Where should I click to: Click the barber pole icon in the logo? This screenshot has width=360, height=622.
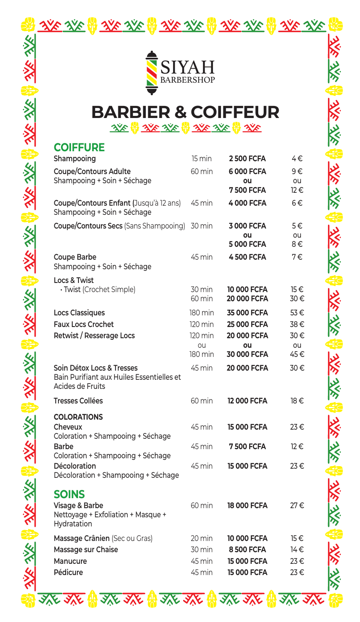(x=152, y=73)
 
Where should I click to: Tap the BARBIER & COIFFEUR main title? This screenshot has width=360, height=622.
(x=185, y=112)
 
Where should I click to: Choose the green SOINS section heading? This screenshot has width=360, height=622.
(x=69, y=494)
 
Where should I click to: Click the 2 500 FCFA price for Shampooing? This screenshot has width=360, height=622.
(x=247, y=159)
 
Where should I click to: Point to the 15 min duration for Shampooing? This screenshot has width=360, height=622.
(x=201, y=159)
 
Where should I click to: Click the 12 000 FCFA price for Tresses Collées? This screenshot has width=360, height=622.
(x=247, y=401)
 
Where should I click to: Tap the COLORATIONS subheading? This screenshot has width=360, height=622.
(x=78, y=417)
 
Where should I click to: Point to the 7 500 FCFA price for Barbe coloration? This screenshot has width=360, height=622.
(x=247, y=447)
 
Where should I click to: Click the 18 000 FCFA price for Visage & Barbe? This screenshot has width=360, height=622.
(x=247, y=506)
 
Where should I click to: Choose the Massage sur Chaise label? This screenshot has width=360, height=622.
(x=86, y=550)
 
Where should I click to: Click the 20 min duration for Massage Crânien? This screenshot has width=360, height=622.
(x=201, y=538)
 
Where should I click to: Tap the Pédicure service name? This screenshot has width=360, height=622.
(x=69, y=573)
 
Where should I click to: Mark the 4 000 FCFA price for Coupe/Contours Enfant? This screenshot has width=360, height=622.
(x=247, y=203)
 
